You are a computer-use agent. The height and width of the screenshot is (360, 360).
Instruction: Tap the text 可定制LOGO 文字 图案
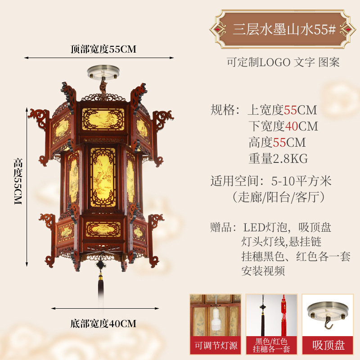[283, 62]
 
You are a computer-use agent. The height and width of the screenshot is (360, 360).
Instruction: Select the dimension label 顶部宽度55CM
[103, 49]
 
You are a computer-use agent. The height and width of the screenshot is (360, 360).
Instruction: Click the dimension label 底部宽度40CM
[103, 323]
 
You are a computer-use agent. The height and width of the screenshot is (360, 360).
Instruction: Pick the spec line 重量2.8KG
[278, 158]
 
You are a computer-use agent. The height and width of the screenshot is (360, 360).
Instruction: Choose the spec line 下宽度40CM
[283, 126]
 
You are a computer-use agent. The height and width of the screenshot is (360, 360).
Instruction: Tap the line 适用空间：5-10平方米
[271, 181]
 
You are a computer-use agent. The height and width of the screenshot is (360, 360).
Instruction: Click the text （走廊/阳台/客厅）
[278, 197]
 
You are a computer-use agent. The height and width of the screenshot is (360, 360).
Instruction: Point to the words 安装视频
[263, 271]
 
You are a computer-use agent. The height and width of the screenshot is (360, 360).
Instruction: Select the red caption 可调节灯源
[216, 346]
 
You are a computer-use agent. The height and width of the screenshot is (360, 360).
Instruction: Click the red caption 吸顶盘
[328, 346]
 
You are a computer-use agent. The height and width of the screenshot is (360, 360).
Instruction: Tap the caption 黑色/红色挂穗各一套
[271, 346]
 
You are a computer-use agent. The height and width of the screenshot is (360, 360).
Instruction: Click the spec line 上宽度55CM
[283, 110]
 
